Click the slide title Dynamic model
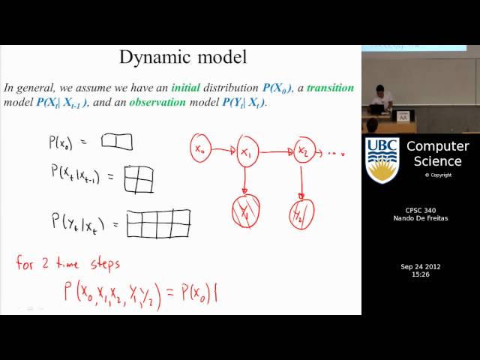pyautogui.click(x=183, y=57)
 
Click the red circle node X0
pyautogui.click(x=200, y=149)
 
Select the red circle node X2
pyautogui.click(x=304, y=151)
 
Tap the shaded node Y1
pyautogui.click(x=245, y=211)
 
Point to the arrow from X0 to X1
pyautogui.click(x=223, y=151)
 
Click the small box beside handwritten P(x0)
pyautogui.click(x=117, y=142)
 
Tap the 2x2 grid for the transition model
pyautogui.click(x=139, y=178)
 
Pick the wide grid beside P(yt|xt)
pyautogui.click(x=159, y=223)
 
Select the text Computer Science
pyautogui.click(x=437, y=154)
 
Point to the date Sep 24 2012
pyautogui.click(x=420, y=267)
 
